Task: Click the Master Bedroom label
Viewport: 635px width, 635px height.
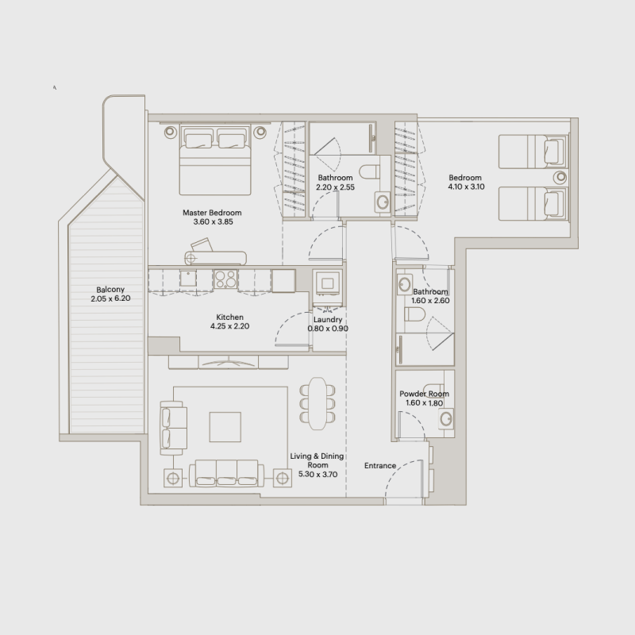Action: [211, 213]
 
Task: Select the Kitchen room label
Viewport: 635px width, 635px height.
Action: [229, 317]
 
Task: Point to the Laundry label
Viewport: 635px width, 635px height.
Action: [328, 320]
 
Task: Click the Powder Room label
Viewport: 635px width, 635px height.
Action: [425, 394]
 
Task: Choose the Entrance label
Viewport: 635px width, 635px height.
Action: [379, 466]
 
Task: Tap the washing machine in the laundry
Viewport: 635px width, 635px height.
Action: [328, 283]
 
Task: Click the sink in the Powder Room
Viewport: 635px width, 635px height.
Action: [447, 418]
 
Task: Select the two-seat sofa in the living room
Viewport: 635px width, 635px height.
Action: [171, 426]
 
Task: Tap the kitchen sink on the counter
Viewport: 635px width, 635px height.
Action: [187, 278]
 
